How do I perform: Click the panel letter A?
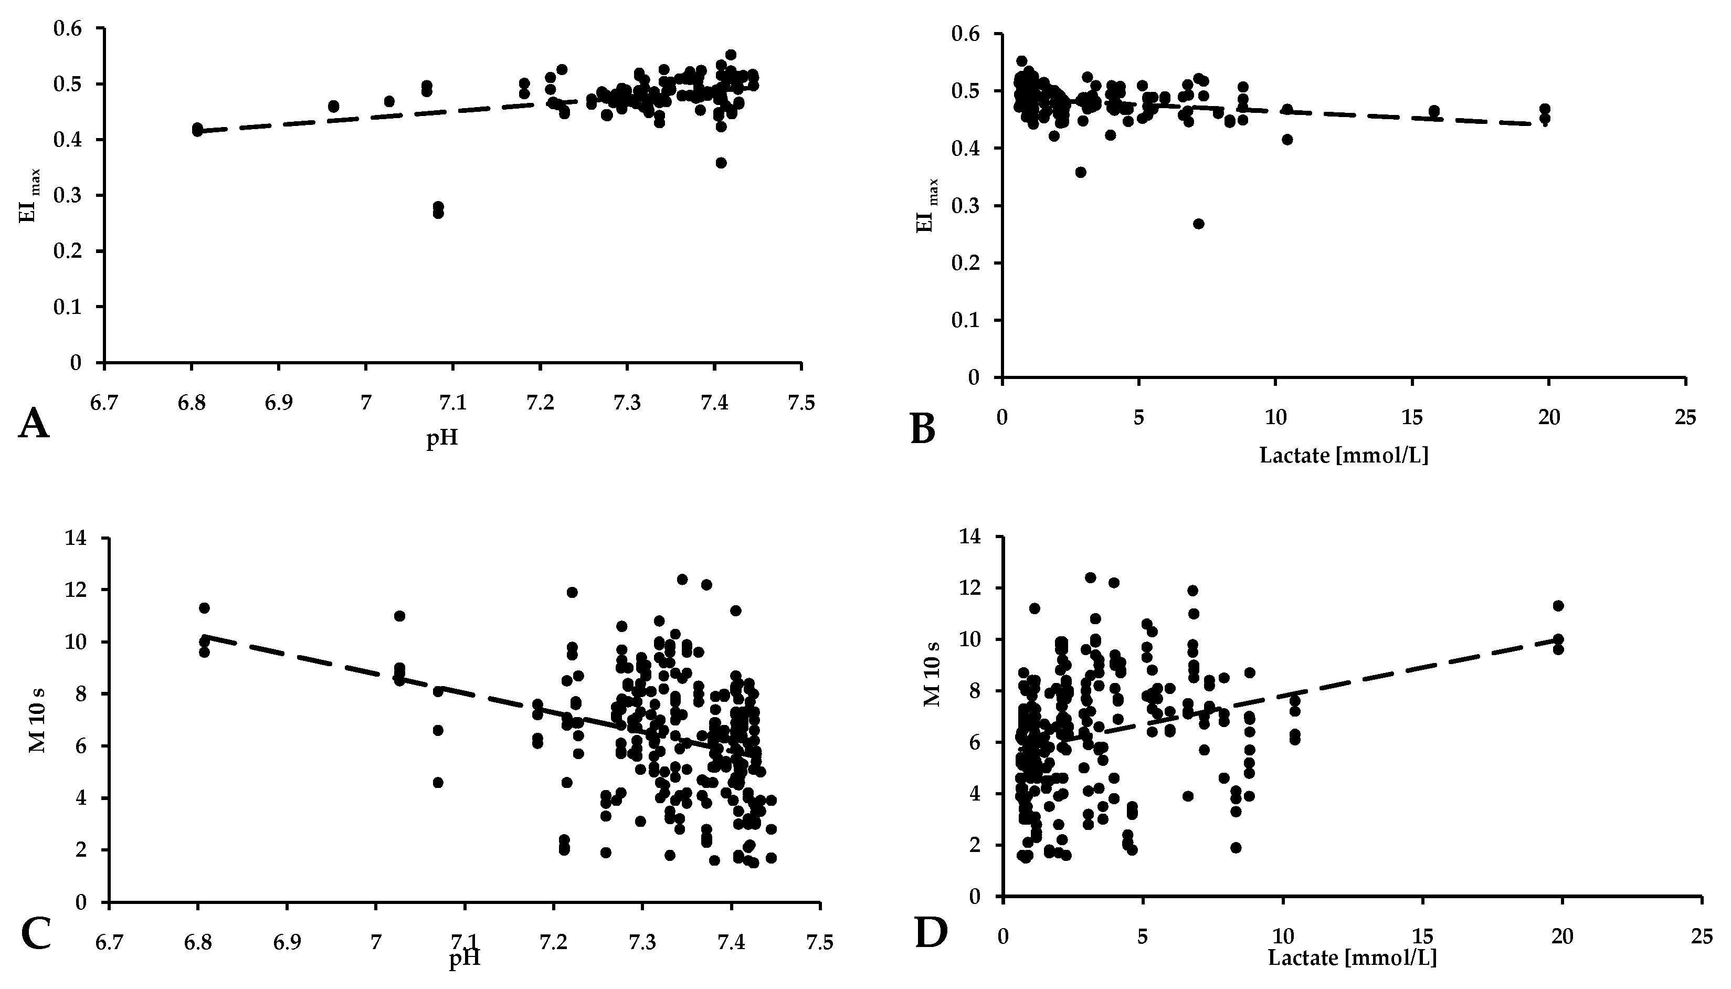pos(34,425)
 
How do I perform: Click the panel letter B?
pos(922,429)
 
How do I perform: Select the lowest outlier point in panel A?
pos(438,213)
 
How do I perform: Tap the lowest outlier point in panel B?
pos(1199,224)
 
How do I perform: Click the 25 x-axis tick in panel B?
pos(1685,417)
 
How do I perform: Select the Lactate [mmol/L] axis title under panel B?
pos(1343,455)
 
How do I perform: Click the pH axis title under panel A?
pos(442,438)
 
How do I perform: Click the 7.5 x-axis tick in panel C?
pos(820,943)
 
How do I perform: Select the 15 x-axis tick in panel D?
pos(1422,937)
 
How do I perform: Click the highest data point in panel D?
pos(1090,577)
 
